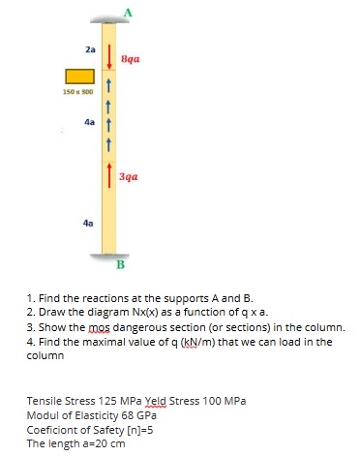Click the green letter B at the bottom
point(121,263)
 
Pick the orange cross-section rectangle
point(79,76)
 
